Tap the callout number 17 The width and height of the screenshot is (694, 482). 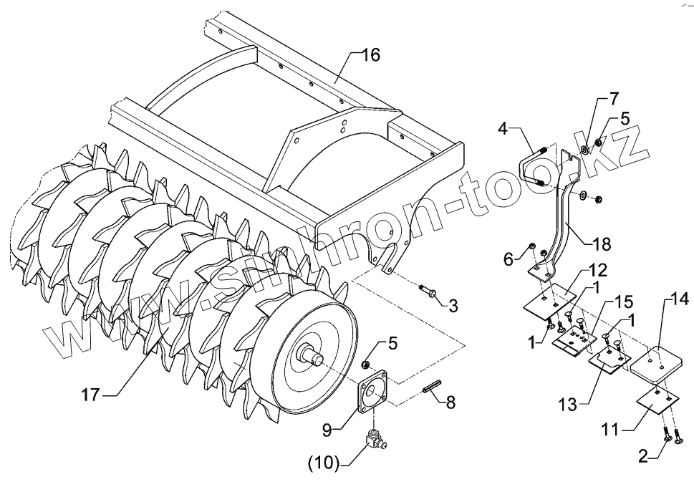[x=90, y=395]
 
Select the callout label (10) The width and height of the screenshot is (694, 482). [x=324, y=462]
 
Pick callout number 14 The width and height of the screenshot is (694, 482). [x=678, y=300]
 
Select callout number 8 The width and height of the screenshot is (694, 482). [x=450, y=403]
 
